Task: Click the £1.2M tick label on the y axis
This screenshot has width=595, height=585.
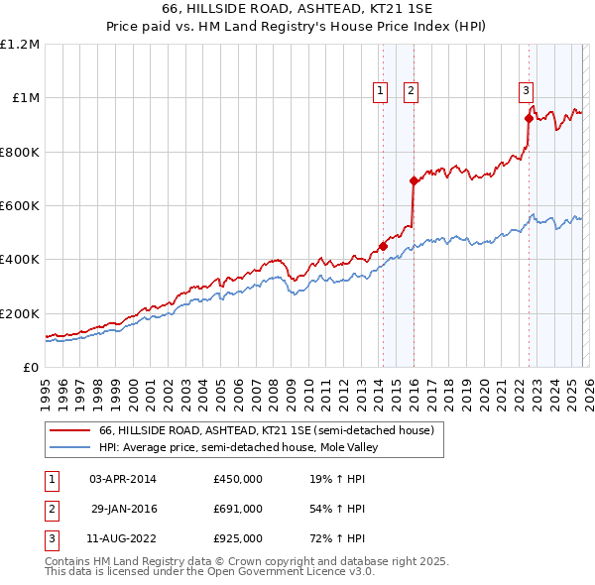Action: (x=20, y=45)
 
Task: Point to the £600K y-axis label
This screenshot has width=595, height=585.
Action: (x=20, y=206)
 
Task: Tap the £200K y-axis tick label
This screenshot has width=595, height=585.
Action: (x=20, y=313)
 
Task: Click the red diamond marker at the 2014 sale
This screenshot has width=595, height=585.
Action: (x=383, y=247)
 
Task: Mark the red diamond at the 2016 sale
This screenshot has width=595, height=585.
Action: (x=414, y=181)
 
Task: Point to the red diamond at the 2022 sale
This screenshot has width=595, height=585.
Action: (x=529, y=119)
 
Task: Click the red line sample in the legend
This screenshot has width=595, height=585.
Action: (x=70, y=431)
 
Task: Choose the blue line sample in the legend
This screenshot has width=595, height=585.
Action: (x=70, y=448)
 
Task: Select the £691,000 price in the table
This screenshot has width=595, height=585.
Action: (x=237, y=509)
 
